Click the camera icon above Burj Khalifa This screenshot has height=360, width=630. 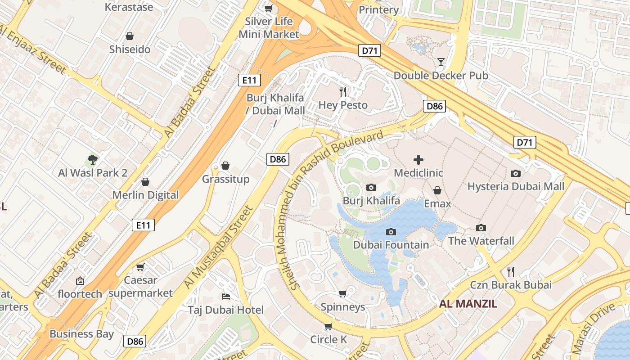pyautogui.click(x=371, y=187)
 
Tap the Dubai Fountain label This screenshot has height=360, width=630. pyautogui.click(x=391, y=245)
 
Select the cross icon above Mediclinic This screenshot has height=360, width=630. pyautogui.click(x=418, y=160)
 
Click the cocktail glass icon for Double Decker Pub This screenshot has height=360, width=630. pyautogui.click(x=441, y=62)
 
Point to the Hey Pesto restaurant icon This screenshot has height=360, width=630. pyautogui.click(x=343, y=92)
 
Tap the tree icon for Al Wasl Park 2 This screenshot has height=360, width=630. pyautogui.click(x=93, y=159)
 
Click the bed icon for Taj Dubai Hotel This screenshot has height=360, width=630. pyautogui.click(x=226, y=296)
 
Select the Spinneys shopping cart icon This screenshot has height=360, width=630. pyautogui.click(x=343, y=294)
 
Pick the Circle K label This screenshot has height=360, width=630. pyautogui.click(x=328, y=339)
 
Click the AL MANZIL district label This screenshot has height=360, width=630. pyautogui.click(x=468, y=304)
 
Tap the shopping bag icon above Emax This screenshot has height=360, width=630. pyautogui.click(x=437, y=190)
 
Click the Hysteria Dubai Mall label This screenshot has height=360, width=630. pyautogui.click(x=516, y=186)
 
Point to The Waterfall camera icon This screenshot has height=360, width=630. pyautogui.click(x=481, y=228)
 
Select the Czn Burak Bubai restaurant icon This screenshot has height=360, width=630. pyautogui.click(x=511, y=271)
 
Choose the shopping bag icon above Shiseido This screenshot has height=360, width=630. pyautogui.click(x=130, y=36)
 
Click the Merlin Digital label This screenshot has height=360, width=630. pyautogui.click(x=145, y=195)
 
